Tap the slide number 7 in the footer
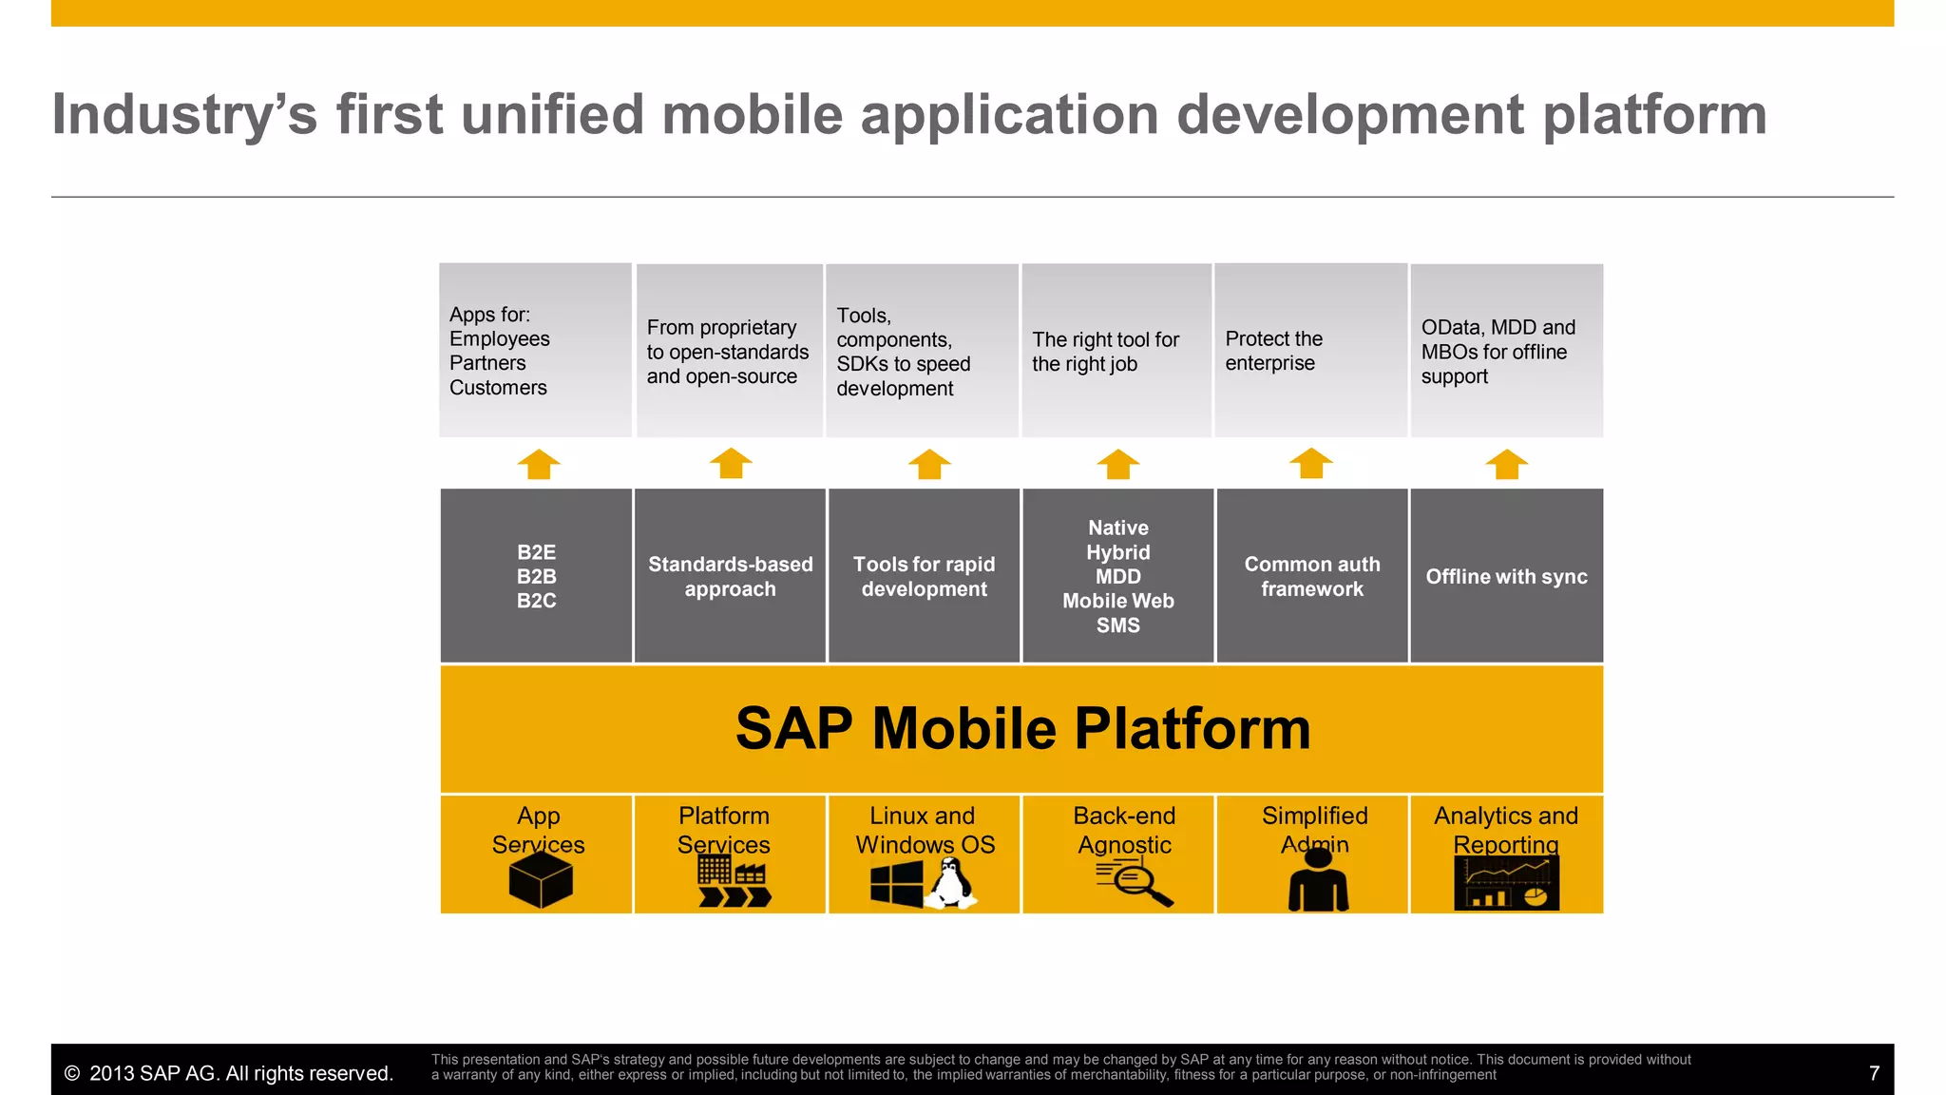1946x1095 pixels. [1874, 1073]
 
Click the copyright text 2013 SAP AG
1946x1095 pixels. [228, 1073]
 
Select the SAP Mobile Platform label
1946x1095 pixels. [1022, 729]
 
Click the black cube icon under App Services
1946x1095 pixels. [540, 879]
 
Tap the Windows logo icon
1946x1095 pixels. [896, 884]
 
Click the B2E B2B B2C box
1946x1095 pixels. [536, 576]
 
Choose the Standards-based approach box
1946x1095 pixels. [730, 576]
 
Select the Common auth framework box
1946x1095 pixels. [1311, 576]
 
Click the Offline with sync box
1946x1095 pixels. [1506, 576]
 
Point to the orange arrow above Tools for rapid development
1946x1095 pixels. [928, 464]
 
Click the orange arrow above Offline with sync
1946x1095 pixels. [1506, 464]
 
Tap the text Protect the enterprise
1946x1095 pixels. [1273, 351]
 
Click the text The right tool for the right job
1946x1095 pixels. [1105, 352]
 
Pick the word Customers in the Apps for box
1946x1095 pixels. [498, 388]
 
